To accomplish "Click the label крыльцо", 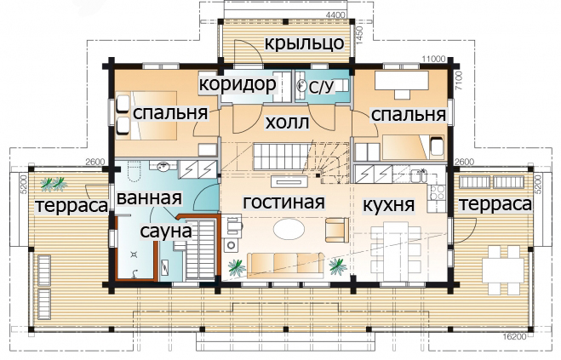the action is pos(305,43).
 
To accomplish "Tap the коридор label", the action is pos(238,85).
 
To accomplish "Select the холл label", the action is pos(287,123).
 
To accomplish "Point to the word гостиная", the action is pos(284,203).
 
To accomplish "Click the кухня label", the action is pos(388,205).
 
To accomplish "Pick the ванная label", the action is pos(149,198).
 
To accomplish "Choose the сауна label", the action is pos(166,231).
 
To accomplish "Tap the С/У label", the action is pos(321,88).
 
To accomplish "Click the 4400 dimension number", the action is pos(335,15).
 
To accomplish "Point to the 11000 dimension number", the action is pos(433,59).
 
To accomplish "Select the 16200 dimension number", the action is pos(514,336).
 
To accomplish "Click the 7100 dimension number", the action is pos(459,81).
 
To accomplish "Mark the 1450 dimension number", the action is pos(360,35).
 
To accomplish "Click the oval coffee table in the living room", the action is pos(289,229).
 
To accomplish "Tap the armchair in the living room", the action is pos(336,230).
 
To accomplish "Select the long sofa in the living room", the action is pos(285,266).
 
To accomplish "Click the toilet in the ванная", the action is pos(133,173).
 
